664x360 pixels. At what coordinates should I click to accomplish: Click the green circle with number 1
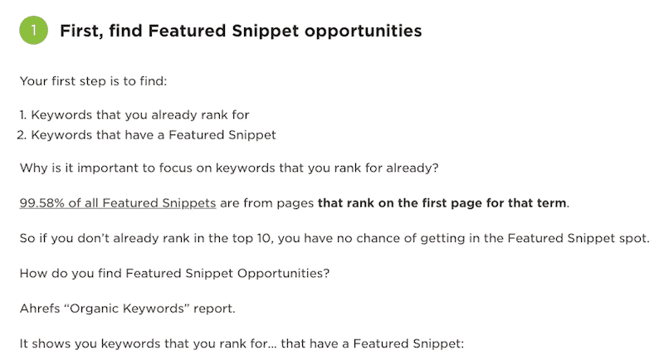[x=33, y=30]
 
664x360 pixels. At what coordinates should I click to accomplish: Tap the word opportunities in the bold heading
[x=363, y=32]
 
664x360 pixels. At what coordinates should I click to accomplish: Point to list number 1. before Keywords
[x=23, y=115]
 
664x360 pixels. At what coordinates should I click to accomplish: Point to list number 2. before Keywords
[x=22, y=135]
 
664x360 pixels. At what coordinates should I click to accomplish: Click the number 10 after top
[x=263, y=238]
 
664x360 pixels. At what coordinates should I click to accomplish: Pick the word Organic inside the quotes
[x=95, y=309]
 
